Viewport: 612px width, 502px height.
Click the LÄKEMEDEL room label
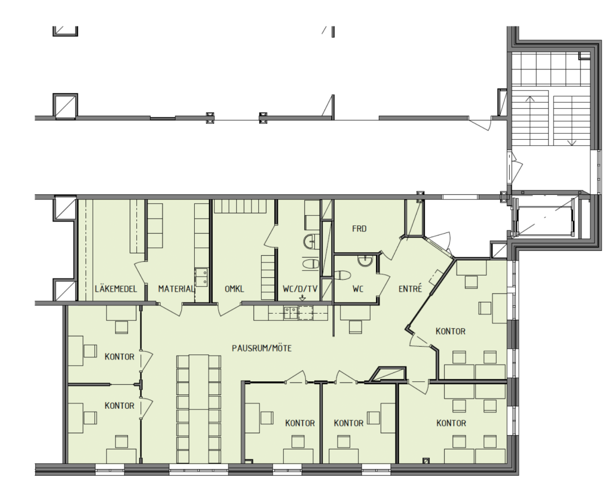[x=116, y=289]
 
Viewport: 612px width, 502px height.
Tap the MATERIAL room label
[x=176, y=289]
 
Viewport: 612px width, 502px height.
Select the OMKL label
[x=234, y=289]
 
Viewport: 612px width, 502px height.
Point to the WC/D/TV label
[x=300, y=289]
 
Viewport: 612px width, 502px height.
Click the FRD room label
[x=359, y=229]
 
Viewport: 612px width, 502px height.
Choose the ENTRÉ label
[x=410, y=289]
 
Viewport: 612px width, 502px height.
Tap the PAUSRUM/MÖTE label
[x=262, y=348]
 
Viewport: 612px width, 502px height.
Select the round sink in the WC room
[x=366, y=261]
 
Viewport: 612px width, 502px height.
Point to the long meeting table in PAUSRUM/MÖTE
[x=198, y=409]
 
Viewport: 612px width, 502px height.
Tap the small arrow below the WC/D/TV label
[x=302, y=299]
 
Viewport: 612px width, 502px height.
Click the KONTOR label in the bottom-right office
[x=451, y=423]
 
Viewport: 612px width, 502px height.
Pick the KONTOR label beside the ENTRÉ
[x=451, y=332]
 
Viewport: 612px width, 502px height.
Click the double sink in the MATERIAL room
[x=201, y=277]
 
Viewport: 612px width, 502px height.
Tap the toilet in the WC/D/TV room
[x=311, y=264]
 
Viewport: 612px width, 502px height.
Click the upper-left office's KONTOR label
[x=120, y=357]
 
